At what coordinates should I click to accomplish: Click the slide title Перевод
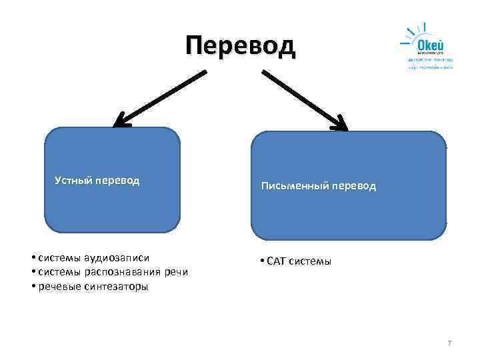point(239,46)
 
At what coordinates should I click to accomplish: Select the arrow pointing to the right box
point(304,99)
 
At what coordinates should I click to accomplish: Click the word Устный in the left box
point(73,180)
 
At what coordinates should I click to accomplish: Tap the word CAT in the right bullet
point(275,261)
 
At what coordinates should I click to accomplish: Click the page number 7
point(449,343)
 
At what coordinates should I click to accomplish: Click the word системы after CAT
point(309,261)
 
